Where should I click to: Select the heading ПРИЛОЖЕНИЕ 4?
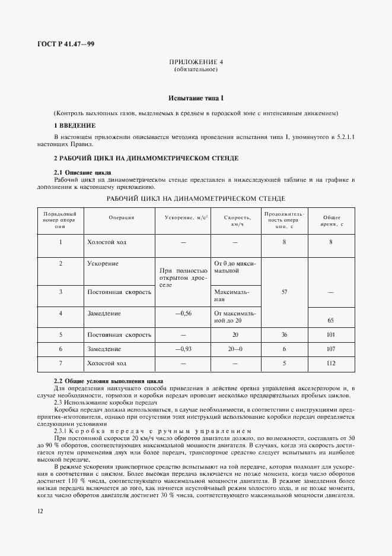(x=196, y=62)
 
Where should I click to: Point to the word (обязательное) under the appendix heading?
(x=196, y=70)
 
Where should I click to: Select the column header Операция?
(x=121, y=217)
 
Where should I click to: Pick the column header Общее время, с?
(x=330, y=221)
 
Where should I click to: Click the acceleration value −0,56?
(x=183, y=313)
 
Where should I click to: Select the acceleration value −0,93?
(x=183, y=349)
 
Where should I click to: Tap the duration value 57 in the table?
(x=285, y=292)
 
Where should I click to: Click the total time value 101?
(x=330, y=334)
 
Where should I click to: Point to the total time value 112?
(x=330, y=363)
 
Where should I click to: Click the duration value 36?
(x=285, y=334)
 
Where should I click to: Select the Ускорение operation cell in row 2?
(x=103, y=263)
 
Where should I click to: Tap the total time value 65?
(x=330, y=320)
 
